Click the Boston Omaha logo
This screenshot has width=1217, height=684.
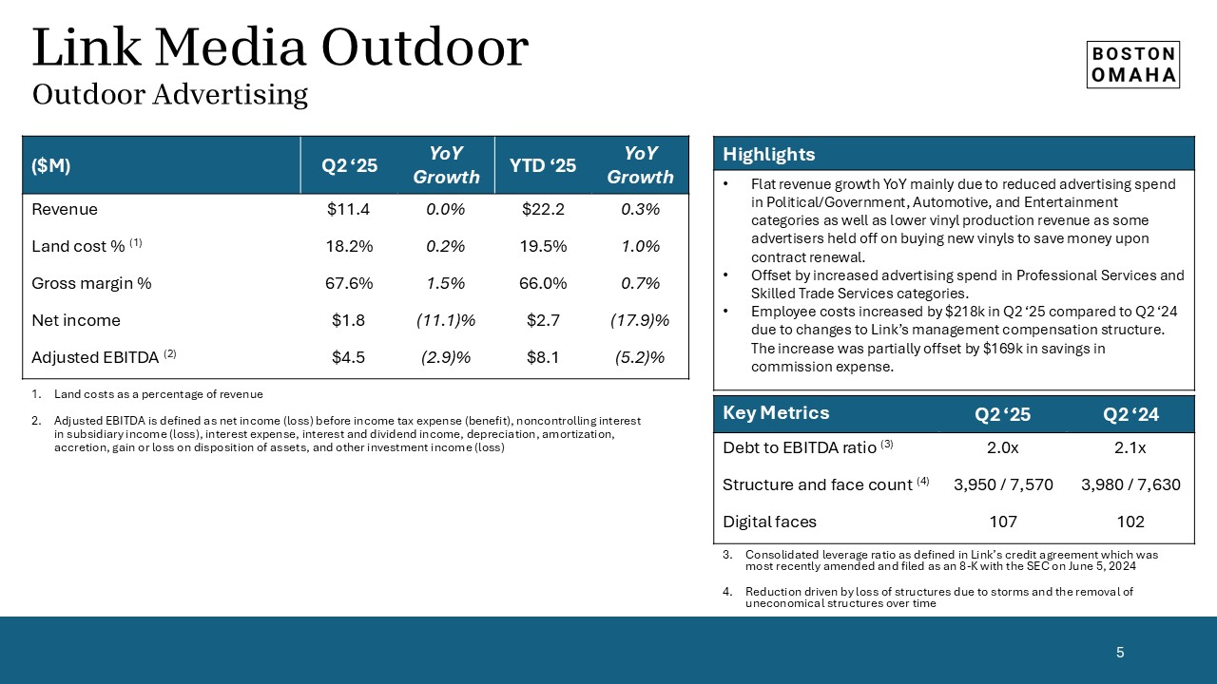(1132, 65)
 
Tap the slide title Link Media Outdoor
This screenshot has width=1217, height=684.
(280, 47)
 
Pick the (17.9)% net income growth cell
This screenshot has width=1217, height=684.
(640, 320)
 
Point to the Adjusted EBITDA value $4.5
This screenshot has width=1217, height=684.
(350, 357)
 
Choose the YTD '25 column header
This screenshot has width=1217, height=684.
(543, 165)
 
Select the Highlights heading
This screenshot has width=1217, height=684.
(768, 155)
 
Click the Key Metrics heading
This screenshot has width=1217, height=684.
(776, 412)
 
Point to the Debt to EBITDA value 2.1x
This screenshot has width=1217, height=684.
(1130, 446)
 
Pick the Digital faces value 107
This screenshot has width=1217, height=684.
(1003, 522)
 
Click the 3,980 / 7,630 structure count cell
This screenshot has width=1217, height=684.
(1130, 484)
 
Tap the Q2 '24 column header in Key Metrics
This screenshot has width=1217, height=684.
(1130, 413)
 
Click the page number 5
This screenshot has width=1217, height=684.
(1120, 652)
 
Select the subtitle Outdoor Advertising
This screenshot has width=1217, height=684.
(170, 95)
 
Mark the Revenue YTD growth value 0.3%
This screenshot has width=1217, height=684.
(640, 209)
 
